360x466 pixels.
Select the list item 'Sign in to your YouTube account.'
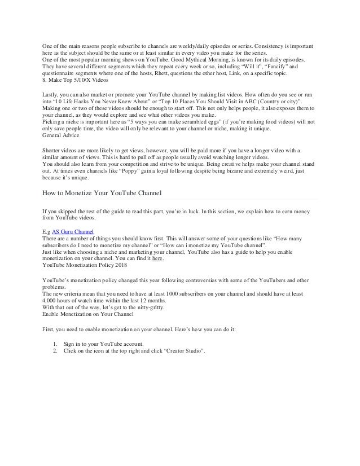click(106, 344)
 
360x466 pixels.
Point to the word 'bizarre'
click(222, 170)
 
